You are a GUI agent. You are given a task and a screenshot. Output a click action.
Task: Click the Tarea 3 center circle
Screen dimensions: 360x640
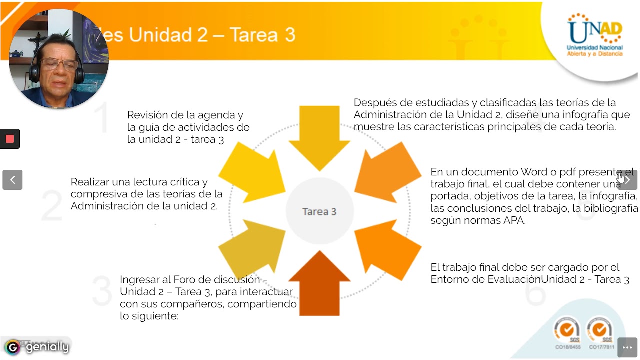(319, 211)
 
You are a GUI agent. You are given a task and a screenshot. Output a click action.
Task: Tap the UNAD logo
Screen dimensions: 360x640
(594, 35)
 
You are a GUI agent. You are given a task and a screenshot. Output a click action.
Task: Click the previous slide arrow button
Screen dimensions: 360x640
(12, 180)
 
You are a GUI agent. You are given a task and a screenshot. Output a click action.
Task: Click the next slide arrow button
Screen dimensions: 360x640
(627, 180)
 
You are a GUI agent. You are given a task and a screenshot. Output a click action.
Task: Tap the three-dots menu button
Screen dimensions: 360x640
(627, 348)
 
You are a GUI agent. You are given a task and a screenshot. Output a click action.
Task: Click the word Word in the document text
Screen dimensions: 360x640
(533, 172)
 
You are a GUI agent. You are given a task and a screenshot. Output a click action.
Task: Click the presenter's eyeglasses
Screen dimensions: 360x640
(59, 64)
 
